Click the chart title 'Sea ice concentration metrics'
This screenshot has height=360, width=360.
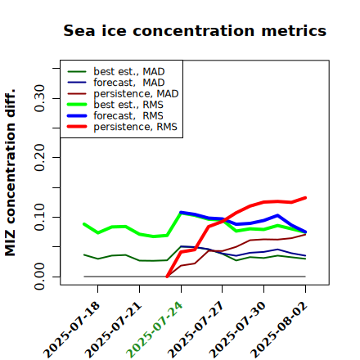tap(195, 30)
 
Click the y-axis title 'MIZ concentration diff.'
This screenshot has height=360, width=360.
tap(10, 173)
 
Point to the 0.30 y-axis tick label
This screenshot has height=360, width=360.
tap(40, 98)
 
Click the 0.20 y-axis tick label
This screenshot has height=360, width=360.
tap(40, 158)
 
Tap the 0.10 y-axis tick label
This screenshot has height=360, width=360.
tap(40, 217)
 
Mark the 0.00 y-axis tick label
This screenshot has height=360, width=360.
tap(40, 277)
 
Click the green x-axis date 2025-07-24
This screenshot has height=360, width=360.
tap(154, 330)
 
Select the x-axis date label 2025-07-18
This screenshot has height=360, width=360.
tap(71, 330)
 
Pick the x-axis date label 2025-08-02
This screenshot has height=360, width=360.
tap(278, 330)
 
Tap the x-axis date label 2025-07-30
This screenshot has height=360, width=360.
tap(237, 330)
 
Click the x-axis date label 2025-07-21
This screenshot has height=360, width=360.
tap(113, 330)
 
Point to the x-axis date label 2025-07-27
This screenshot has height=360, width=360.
tap(196, 330)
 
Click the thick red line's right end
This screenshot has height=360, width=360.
tap(305, 198)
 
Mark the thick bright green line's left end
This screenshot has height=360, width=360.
tap(84, 224)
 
